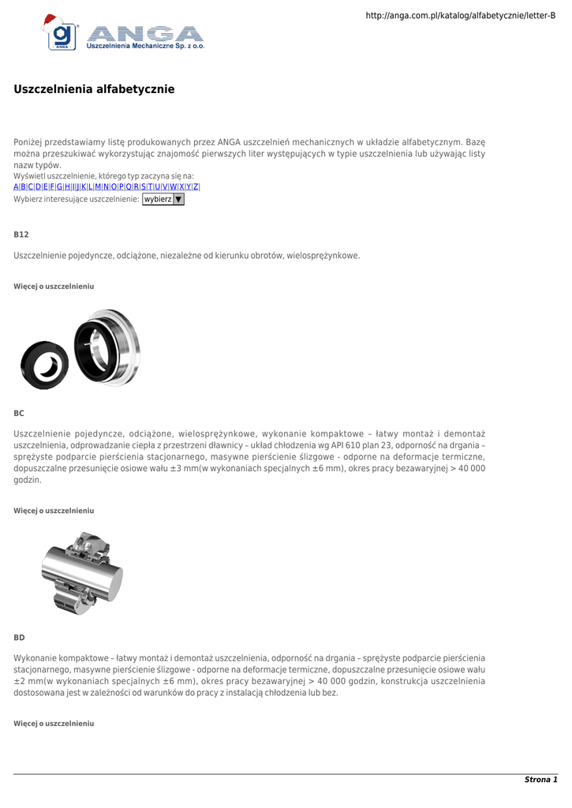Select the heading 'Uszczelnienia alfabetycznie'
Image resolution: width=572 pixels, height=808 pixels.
point(94,89)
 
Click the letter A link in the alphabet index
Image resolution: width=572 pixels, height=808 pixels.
point(16,186)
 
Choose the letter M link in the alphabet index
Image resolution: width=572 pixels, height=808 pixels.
point(98,186)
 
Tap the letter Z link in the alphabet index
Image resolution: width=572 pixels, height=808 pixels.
point(196,186)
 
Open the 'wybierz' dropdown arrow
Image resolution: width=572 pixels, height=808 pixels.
point(178,200)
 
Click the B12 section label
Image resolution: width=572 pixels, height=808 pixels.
point(21,234)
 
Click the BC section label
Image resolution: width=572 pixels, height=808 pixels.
point(20,413)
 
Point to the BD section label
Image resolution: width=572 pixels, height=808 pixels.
point(20,637)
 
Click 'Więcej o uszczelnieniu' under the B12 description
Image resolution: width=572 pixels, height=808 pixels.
point(54,286)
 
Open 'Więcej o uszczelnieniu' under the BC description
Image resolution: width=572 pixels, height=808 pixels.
point(54,511)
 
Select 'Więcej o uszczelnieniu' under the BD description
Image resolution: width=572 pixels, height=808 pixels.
point(54,723)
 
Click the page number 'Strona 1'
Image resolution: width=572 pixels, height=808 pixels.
point(540,780)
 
